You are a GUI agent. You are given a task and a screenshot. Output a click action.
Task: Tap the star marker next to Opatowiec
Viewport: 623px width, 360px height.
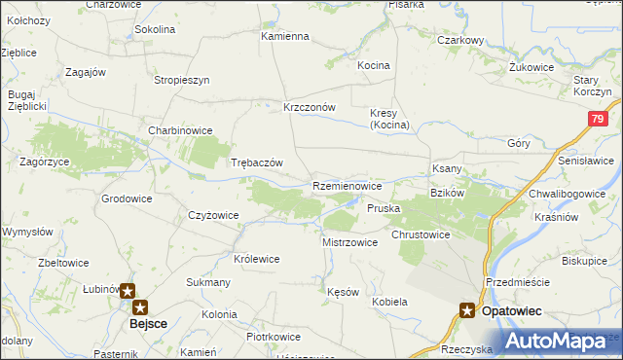point(468,310)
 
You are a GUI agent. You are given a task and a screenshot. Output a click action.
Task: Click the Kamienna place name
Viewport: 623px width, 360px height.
point(284,36)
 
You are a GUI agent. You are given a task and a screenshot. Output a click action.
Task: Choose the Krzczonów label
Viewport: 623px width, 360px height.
point(310,107)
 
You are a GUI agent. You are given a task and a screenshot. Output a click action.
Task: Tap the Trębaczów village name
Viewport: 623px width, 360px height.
point(256,162)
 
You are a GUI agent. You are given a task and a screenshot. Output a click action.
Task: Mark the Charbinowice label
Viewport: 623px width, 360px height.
point(180,129)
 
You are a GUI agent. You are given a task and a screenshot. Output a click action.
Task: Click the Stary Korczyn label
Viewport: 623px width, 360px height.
point(593,85)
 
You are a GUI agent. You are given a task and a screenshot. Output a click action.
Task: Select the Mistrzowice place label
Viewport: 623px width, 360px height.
point(349,242)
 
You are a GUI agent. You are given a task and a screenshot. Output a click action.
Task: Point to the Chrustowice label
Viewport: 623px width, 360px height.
point(421,234)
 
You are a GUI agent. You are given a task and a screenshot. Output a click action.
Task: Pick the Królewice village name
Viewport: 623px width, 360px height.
point(257,259)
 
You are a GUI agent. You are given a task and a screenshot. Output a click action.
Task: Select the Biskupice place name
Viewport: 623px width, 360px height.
point(585,261)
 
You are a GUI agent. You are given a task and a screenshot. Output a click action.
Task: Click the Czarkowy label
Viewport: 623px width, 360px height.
point(460,40)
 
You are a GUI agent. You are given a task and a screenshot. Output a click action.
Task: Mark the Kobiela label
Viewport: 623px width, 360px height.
point(389,302)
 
